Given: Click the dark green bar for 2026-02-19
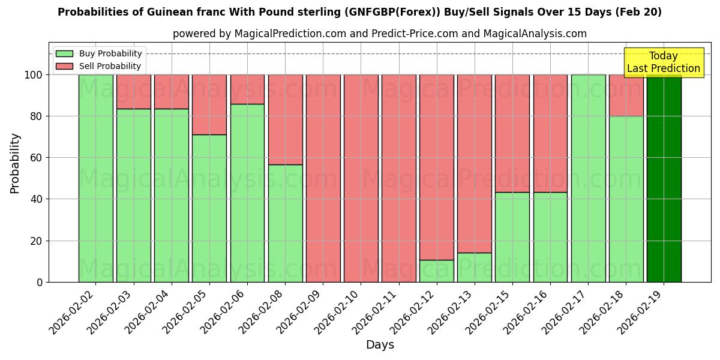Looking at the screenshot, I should click(664, 178).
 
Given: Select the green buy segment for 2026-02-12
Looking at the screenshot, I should click(436, 271).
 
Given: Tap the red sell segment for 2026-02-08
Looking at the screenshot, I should click(285, 119).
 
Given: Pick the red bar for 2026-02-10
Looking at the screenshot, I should click(361, 178).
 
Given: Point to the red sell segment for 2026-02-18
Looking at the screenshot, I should click(626, 95).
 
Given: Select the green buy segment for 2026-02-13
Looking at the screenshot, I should click(474, 267).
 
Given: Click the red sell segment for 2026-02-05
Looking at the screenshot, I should click(209, 104).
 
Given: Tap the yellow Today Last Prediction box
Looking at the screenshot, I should click(664, 62).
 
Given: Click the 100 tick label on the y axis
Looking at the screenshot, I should click(34, 75).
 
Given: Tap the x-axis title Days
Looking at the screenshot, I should click(380, 345).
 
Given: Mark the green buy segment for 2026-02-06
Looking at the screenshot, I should click(247, 193).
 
